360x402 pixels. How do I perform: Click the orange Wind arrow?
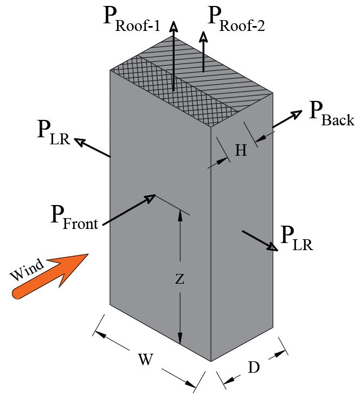pos(52,276)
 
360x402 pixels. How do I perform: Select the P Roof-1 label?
pos(131,20)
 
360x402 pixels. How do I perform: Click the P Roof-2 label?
pos(236,20)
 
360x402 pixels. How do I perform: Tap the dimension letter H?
pos(241,150)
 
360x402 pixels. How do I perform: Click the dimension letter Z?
pos(180,279)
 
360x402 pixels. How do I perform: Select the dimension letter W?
pos(144,359)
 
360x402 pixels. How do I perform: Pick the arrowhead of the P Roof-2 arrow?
pos(203,37)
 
